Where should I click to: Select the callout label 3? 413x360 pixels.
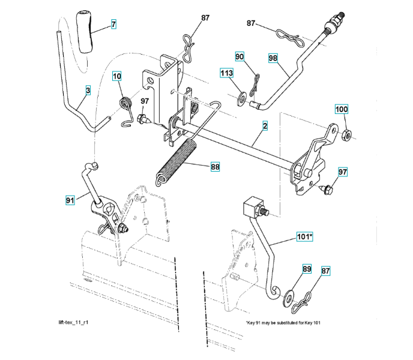(x=88, y=91)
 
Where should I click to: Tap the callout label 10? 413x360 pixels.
(x=116, y=76)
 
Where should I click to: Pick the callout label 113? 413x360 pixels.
(x=226, y=73)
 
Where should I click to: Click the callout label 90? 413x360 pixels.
(x=240, y=56)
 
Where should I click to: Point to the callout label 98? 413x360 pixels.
(x=273, y=58)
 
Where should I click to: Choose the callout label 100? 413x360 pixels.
(x=341, y=110)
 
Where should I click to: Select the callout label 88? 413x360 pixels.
(x=214, y=167)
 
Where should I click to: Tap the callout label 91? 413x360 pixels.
(x=70, y=200)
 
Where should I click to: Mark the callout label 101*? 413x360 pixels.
(x=304, y=237)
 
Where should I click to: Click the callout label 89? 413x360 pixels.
(x=307, y=270)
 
